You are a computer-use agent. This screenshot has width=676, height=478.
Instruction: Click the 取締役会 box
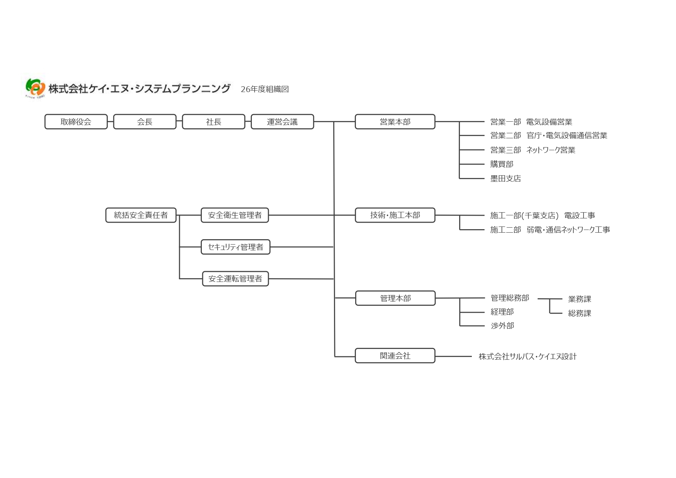[x=76, y=122]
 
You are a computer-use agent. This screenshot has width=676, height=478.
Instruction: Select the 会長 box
[x=145, y=122]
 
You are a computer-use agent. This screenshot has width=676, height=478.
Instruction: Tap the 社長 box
[x=213, y=122]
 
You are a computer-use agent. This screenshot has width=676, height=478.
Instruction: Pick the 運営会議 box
[x=282, y=122]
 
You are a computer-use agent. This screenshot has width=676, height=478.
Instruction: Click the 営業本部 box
[x=395, y=122]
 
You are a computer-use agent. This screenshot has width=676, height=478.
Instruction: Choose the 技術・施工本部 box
[x=395, y=215]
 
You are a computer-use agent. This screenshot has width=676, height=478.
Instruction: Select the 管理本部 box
[x=395, y=298]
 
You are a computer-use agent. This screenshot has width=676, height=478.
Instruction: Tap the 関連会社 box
[x=395, y=356]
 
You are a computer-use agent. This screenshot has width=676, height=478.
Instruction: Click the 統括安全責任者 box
[x=141, y=215]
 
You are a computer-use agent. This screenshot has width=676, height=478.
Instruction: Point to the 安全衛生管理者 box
[x=235, y=215]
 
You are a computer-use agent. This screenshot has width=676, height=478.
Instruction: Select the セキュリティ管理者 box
[x=235, y=247]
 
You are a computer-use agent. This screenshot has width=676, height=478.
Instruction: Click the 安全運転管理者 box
[x=235, y=279]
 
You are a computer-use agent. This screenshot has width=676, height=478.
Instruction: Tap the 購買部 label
[x=502, y=164]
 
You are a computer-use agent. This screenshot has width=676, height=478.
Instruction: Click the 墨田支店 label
[x=505, y=178]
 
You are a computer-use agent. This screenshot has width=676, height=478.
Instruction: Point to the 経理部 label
[x=502, y=312]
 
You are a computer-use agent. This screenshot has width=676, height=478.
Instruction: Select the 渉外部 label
[x=502, y=326]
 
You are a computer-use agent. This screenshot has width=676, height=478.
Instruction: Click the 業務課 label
[x=579, y=299]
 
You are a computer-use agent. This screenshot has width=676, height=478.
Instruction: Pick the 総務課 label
[x=579, y=313]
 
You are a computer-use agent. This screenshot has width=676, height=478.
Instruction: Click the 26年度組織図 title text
[x=265, y=89]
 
